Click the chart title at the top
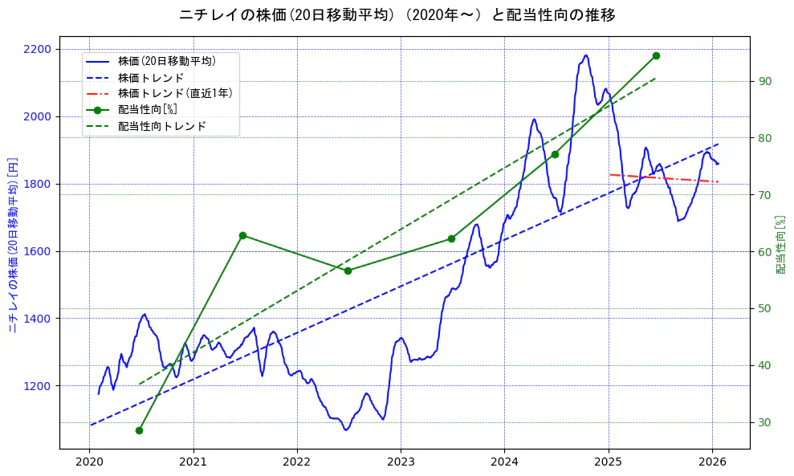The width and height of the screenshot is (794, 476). click(397, 15)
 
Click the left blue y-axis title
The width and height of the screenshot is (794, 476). click(13, 245)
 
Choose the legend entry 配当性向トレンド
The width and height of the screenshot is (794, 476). click(161, 126)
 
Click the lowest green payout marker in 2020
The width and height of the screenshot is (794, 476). click(139, 430)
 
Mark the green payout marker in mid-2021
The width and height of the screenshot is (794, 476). click(242, 235)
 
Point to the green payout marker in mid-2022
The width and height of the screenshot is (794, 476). click(348, 271)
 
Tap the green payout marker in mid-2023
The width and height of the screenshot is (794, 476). click(451, 238)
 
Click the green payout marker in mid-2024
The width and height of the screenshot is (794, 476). click(555, 154)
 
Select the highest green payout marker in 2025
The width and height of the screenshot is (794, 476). click(656, 55)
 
